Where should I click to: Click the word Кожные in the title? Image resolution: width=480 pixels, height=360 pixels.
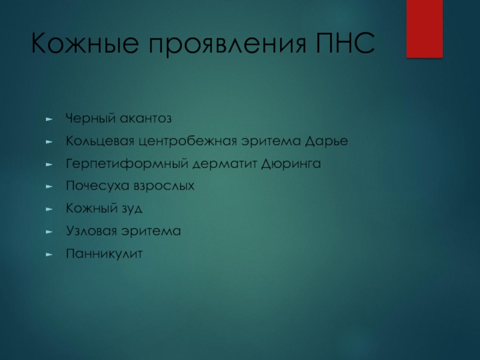coord(85,43)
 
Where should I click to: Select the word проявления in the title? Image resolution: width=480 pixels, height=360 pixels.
coord(228,44)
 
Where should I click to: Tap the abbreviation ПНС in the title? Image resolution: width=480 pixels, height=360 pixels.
coord(346,43)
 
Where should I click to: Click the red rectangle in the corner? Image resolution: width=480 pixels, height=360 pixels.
coord(425,29)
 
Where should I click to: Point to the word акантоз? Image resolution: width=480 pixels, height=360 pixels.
coord(145,118)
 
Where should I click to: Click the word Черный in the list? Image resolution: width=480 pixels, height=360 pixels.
coord(91,119)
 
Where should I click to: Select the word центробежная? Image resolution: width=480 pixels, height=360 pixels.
coord(188,141)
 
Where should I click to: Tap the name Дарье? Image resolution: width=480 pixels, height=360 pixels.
coord(326,141)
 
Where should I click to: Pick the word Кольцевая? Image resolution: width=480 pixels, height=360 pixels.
coord(100,141)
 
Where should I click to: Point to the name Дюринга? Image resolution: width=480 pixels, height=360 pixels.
coord(291,164)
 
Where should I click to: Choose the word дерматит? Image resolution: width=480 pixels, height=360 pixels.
coord(224,164)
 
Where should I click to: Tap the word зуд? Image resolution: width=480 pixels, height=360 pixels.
coord(132,209)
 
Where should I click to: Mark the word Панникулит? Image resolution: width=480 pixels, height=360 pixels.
coord(104,254)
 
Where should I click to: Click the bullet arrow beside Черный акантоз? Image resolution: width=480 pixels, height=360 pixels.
coord(49,119)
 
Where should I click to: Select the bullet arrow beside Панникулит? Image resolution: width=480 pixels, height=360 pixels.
coord(49,254)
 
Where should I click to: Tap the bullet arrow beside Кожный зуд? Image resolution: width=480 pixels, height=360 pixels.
coord(49,209)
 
